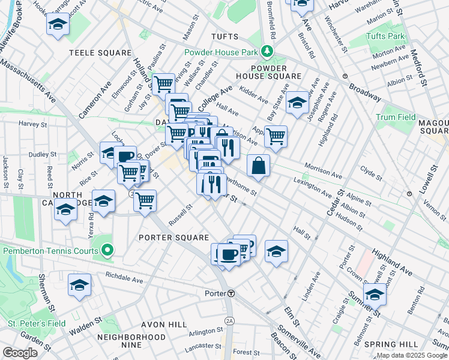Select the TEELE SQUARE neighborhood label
(x=100, y=53)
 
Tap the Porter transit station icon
(x=231, y=293)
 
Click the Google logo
(x=20, y=352)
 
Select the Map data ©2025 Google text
(x=412, y=355)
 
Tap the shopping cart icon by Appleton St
(x=276, y=136)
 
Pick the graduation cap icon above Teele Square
(x=58, y=24)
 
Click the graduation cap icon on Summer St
(x=375, y=295)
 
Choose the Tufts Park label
(x=387, y=37)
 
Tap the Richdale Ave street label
(x=124, y=280)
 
